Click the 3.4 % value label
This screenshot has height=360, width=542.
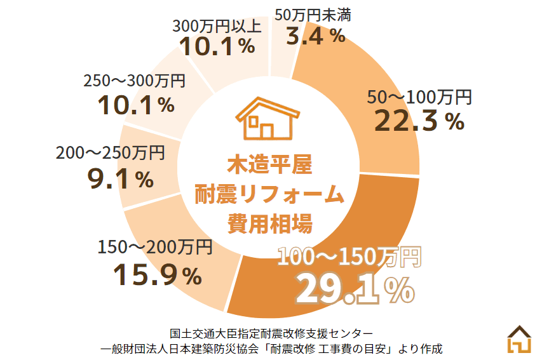(316, 36)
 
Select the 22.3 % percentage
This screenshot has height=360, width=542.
(419, 121)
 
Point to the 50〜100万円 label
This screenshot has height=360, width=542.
(420, 97)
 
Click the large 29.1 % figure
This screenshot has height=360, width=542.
(355, 290)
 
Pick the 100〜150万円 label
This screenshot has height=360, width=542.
(349, 257)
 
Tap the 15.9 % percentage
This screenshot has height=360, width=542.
(157, 275)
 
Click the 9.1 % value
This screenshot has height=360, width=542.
(121, 180)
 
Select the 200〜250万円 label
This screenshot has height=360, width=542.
(110, 153)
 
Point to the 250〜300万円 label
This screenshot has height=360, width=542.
(134, 81)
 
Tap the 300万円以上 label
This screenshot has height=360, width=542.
(217, 26)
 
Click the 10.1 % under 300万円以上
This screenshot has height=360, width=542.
(217, 46)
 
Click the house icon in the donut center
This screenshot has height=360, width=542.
(267, 119)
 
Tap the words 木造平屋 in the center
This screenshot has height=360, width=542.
(270, 164)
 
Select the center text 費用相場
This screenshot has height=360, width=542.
(270, 223)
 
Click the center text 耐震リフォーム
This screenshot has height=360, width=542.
(270, 194)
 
